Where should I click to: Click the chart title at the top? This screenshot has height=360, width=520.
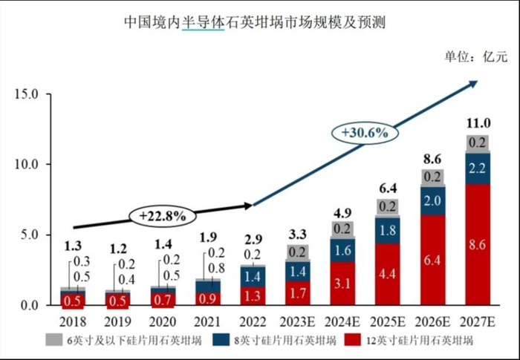259,23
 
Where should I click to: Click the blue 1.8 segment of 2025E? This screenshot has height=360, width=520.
389,230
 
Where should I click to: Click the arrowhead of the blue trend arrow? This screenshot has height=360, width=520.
472,84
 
